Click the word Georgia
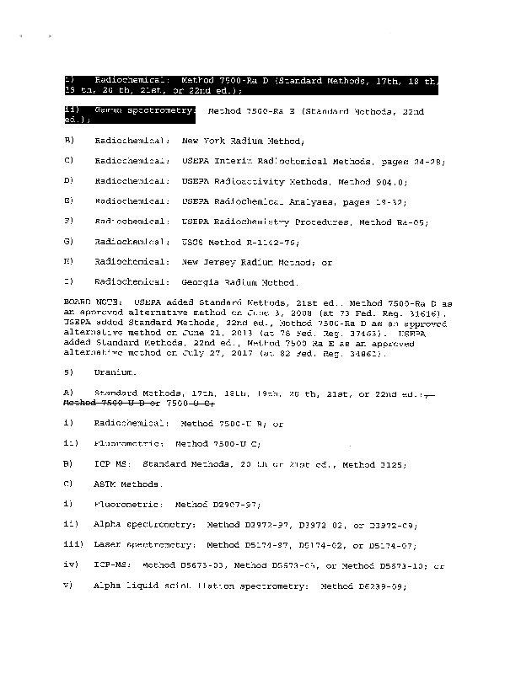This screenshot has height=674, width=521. coord(201,283)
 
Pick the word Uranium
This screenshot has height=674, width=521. coord(111,372)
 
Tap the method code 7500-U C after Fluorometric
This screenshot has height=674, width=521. coord(239,443)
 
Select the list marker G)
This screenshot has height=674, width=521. coord(69,242)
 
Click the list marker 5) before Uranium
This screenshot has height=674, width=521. coord(68,372)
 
